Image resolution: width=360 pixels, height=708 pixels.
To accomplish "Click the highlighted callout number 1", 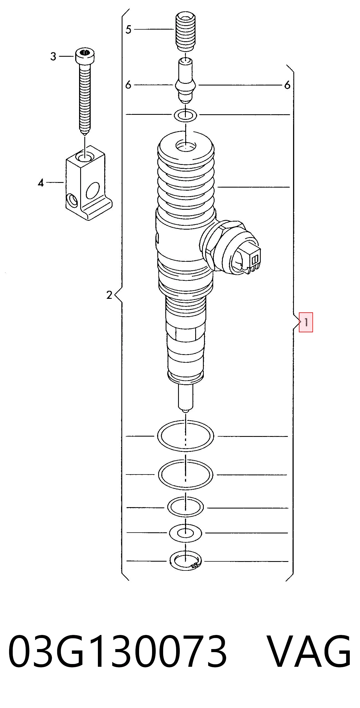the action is click(x=306, y=322).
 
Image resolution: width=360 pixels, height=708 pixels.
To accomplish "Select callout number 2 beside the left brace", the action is click(x=109, y=295).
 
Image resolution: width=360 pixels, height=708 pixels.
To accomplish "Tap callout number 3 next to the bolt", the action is click(x=53, y=56).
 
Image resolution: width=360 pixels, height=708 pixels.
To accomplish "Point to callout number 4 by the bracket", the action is click(x=41, y=183).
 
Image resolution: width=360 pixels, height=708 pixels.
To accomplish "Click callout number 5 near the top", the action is click(x=128, y=29).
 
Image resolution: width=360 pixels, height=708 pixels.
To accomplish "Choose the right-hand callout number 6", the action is click(x=287, y=85).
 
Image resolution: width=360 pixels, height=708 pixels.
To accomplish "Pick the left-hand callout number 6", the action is click(x=128, y=85).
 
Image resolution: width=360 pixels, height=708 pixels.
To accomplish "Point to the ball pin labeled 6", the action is click(x=186, y=81).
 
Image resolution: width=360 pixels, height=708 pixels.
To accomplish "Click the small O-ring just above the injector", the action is click(x=186, y=115).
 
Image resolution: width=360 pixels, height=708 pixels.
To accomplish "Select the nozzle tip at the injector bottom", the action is click(x=186, y=398).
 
